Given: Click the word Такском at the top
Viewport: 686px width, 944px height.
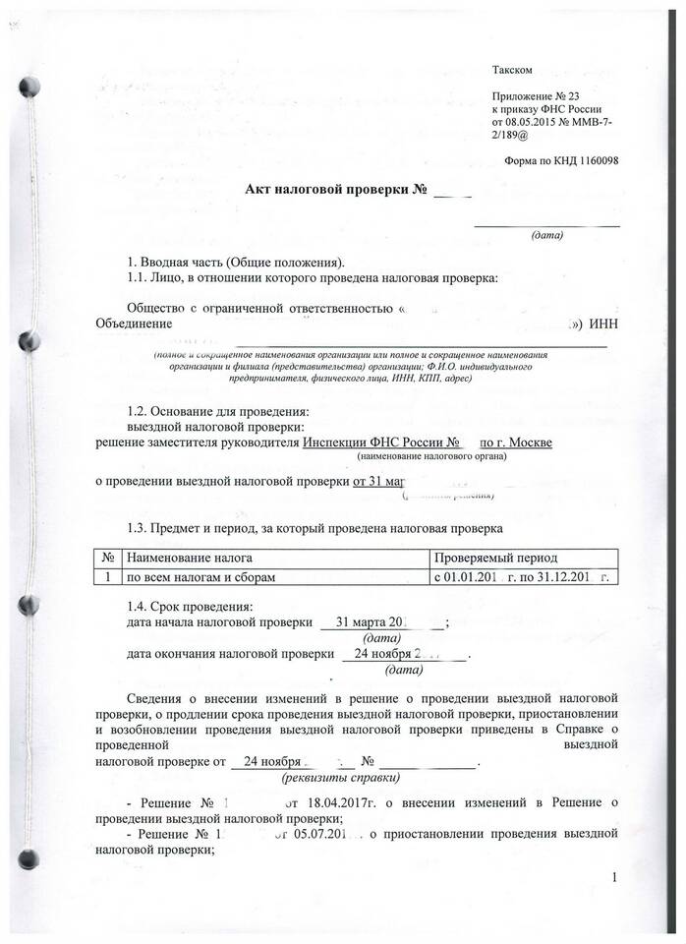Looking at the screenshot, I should click(x=512, y=70).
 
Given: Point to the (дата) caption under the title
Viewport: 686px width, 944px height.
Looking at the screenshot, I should click(x=546, y=236).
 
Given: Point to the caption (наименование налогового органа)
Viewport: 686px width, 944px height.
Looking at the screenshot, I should click(x=432, y=457).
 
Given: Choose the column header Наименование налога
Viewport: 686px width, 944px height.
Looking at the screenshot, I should click(x=187, y=558).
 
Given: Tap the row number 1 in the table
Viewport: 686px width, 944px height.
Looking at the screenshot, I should click(x=105, y=576).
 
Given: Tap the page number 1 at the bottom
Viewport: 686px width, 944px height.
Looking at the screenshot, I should click(x=613, y=877).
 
